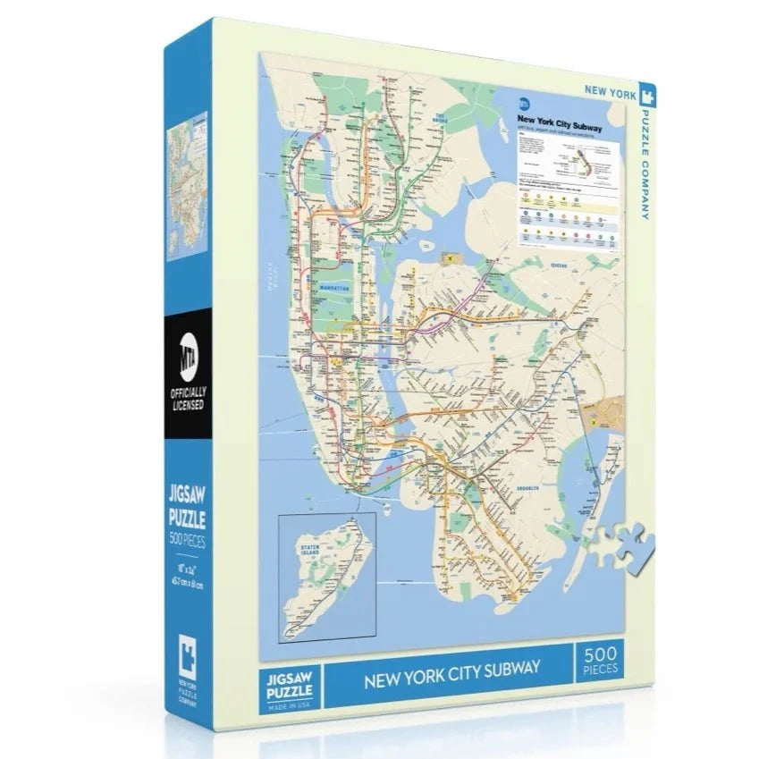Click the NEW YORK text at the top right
(x=609, y=90)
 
